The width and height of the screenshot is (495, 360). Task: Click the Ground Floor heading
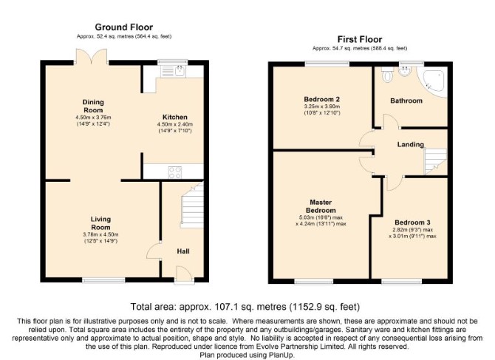click(124, 27)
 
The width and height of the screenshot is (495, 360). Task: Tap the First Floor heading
click(360, 39)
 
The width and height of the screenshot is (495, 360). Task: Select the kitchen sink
click(174, 72)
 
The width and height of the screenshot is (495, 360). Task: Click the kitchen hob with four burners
click(175, 172)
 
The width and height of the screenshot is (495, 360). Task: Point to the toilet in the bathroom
click(386, 75)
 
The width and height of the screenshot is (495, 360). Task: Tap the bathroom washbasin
click(404, 71)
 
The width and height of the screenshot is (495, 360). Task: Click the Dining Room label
click(93, 106)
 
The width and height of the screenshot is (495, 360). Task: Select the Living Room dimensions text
click(100, 237)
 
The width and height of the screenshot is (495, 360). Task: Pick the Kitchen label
click(175, 117)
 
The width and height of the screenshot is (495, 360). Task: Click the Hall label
click(183, 251)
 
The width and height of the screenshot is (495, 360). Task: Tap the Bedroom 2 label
click(322, 99)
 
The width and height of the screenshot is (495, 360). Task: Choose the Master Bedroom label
click(321, 206)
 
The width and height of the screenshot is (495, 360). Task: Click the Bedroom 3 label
click(412, 223)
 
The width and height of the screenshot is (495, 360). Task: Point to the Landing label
click(410, 145)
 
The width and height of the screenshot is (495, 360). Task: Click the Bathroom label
click(406, 101)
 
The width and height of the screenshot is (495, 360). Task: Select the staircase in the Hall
click(192, 206)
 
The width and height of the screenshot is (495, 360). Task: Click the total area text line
click(245, 307)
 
